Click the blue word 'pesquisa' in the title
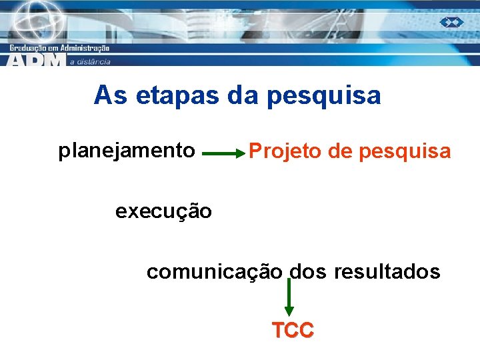323,97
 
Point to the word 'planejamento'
127,151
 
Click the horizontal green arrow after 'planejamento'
223,153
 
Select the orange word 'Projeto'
286,153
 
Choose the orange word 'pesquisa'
405,153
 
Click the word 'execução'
163,212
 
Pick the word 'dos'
309,271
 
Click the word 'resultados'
387,271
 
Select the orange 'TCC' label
292,330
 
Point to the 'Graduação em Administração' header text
60,48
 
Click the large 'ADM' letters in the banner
37,60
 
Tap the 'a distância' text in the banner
90,61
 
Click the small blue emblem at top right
451,22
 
